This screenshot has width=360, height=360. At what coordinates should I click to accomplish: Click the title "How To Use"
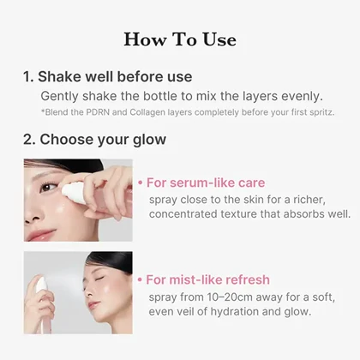pyautogui.click(x=180, y=39)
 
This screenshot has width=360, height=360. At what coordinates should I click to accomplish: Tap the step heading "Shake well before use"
pyautogui.click(x=115, y=76)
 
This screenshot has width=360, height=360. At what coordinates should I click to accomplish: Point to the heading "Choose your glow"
pyautogui.click(x=103, y=140)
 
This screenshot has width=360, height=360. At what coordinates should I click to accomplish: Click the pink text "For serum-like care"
pyautogui.click(x=206, y=183)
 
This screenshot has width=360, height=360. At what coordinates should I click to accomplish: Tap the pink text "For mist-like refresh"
pyautogui.click(x=207, y=279)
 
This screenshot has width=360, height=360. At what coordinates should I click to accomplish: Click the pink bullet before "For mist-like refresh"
pyautogui.click(x=140, y=279)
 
